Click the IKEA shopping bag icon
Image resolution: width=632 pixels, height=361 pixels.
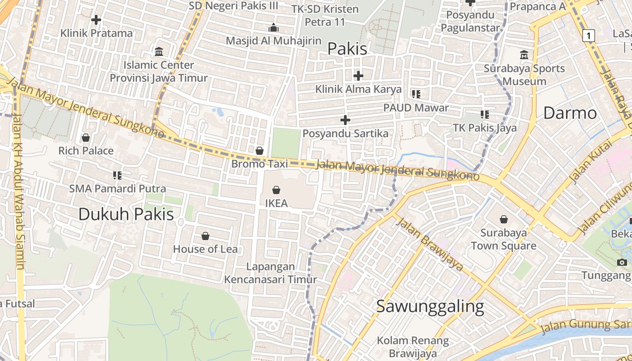[x=276, y=190]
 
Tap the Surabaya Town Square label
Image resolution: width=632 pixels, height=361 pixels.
[x=503, y=239]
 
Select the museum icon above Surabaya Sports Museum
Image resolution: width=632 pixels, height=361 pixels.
[x=524, y=55]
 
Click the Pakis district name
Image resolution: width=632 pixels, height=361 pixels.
[x=347, y=49]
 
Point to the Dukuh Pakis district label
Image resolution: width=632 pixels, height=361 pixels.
[x=126, y=214]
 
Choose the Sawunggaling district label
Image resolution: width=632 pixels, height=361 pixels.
[x=430, y=306]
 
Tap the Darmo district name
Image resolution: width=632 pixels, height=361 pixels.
[x=570, y=113]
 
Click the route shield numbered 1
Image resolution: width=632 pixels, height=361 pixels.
[x=588, y=35]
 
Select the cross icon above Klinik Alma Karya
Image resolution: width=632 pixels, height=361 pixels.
[x=358, y=75]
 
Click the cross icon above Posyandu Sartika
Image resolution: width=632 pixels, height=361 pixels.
[x=345, y=120]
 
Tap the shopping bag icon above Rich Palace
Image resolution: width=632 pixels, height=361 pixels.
[x=86, y=137]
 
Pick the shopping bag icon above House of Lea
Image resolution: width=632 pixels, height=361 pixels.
[x=205, y=236]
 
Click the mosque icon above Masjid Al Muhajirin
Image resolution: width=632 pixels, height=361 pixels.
[x=274, y=28]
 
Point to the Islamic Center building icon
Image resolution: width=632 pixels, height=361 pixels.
[x=159, y=52]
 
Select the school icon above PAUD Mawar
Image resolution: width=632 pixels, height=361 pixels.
[x=416, y=94]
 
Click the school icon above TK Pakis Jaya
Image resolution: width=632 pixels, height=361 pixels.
[x=485, y=115]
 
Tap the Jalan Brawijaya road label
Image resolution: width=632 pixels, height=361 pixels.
[x=430, y=244]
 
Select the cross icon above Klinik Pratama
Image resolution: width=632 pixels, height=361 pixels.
[x=96, y=20]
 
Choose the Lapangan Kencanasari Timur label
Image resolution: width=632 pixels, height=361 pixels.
[x=271, y=273]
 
